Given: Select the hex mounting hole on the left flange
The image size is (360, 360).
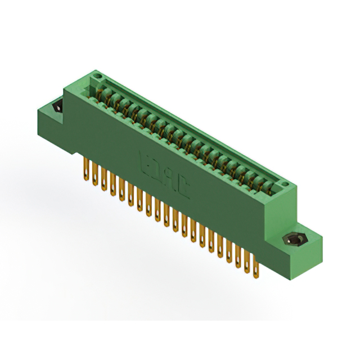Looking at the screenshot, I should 56,107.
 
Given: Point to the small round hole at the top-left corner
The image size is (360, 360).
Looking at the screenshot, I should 97,75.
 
